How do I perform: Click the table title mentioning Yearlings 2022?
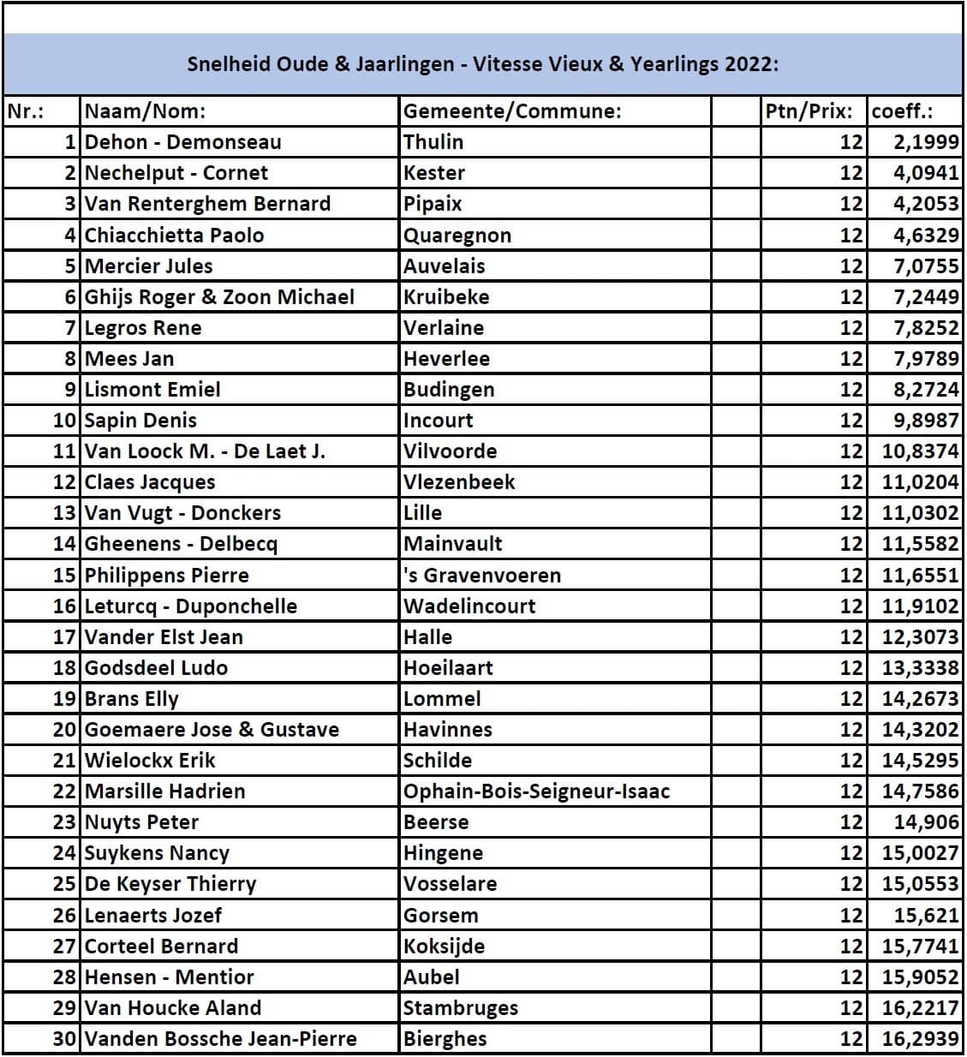click(x=483, y=64)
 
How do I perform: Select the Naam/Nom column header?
click(x=145, y=111)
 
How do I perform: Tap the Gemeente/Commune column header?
click(x=512, y=111)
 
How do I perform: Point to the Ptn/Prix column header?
click(x=809, y=111)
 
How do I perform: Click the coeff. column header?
click(x=902, y=111)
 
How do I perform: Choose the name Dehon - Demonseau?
click(x=182, y=142)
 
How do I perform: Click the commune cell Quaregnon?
click(x=457, y=235)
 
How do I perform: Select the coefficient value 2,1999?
click(x=926, y=142)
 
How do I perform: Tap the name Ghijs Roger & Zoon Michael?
click(x=219, y=297)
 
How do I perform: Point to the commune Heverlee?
click(x=446, y=359)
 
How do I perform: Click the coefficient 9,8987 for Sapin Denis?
click(x=926, y=421)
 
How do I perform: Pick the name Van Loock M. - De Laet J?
click(x=205, y=451)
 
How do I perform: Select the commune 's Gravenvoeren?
click(x=482, y=575)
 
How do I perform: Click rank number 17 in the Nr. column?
click(x=65, y=637)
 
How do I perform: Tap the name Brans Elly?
click(x=132, y=699)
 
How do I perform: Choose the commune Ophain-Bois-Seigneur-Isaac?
click(x=536, y=791)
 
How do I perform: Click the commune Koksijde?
click(x=444, y=947)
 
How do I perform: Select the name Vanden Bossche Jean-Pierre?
click(x=220, y=1039)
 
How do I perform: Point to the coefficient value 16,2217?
click(x=921, y=1008)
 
